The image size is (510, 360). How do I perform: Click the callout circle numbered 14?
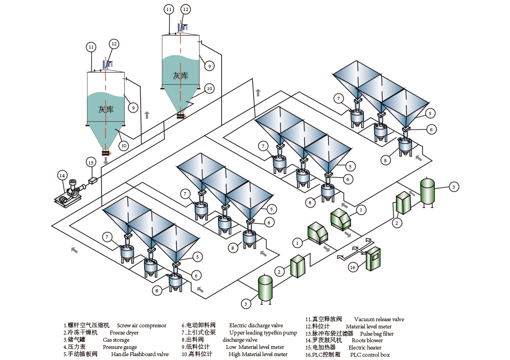point(62,176)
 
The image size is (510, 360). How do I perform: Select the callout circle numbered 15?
point(91,162)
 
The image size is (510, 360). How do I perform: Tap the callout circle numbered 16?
point(352,267)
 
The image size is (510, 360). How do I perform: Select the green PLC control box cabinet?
point(374,258)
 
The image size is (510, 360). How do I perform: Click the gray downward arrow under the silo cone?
point(106,161)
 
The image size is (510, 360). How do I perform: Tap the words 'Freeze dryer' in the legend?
point(124,333)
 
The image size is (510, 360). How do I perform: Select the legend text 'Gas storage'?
point(116,340)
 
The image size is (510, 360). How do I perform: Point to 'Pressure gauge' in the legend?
point(120,347)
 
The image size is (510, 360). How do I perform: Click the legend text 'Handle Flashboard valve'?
point(140,354)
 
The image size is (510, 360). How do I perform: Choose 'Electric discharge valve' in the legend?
point(256,326)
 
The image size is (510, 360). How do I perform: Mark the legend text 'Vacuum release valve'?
point(379,320)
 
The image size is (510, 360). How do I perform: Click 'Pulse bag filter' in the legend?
point(376,334)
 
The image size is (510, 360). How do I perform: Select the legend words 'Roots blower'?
point(367,341)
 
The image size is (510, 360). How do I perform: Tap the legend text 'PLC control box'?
point(370,355)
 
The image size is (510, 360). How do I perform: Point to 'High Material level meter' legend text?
point(258,354)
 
